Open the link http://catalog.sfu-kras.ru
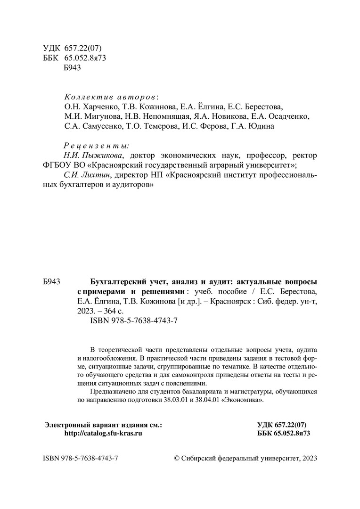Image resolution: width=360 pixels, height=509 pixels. (103, 433)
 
